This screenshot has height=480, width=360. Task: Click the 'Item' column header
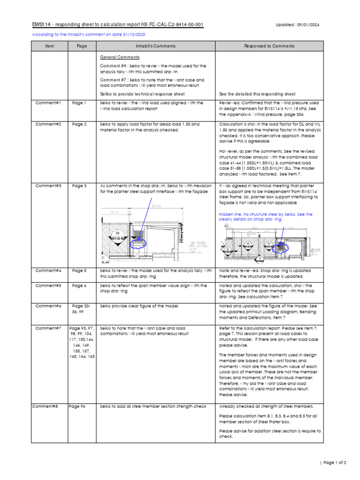point(50,46)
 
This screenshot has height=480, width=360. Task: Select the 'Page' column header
point(82,46)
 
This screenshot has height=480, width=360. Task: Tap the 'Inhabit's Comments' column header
point(156,46)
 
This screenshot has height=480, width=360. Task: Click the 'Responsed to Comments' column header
point(270,46)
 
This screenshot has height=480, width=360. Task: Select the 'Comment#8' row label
point(45,406)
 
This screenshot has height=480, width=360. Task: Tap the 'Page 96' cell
point(77,406)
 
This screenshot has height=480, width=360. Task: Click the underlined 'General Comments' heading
point(120,57)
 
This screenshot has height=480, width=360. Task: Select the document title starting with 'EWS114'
point(117,25)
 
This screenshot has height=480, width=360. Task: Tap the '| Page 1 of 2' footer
point(333,463)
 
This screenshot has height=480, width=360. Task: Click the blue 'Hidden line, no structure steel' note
point(266,217)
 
